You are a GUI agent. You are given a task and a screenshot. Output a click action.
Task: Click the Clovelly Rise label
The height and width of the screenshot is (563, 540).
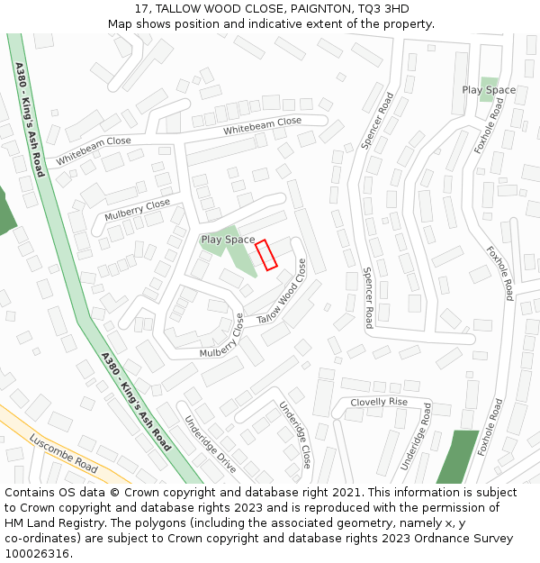(x=379, y=402)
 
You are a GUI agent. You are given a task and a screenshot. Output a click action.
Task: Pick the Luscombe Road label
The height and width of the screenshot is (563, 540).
(x=63, y=453)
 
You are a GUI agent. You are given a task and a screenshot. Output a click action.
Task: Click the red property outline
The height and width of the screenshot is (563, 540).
(x=265, y=254)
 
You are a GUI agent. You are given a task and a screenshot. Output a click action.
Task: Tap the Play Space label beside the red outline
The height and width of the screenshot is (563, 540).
(x=228, y=240)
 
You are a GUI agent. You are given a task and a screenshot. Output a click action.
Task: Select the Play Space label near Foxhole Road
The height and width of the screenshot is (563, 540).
(x=489, y=90)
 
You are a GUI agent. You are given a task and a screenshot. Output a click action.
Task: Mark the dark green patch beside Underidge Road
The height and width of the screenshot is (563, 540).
(x=458, y=457)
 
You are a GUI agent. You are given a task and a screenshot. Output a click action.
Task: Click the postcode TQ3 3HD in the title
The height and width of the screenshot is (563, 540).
(x=383, y=9)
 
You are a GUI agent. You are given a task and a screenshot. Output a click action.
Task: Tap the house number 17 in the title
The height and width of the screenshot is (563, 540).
(x=141, y=9)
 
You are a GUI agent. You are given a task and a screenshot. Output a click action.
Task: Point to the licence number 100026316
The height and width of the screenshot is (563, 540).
(x=37, y=554)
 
